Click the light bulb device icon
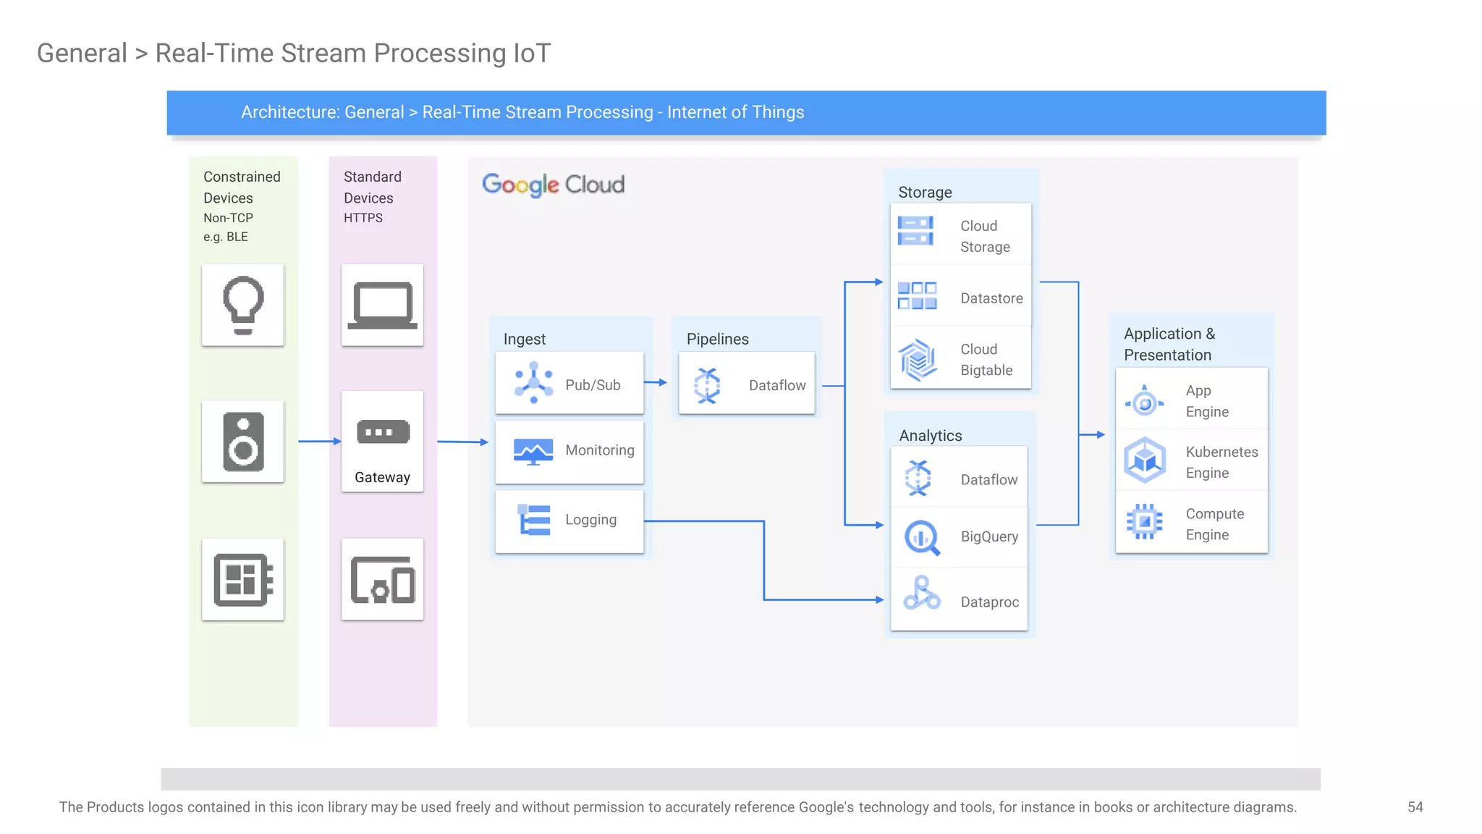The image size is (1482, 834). (x=243, y=305)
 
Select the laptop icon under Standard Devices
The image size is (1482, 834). (x=382, y=305)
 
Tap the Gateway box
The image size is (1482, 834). (x=382, y=441)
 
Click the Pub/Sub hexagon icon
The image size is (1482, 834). (x=533, y=383)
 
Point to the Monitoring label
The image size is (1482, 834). (x=599, y=450)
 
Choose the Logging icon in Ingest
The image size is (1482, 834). (x=535, y=520)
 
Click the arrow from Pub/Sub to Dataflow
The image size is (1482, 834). (x=656, y=382)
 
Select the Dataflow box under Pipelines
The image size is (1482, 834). (x=746, y=384)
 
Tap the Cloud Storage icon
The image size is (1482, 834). (x=915, y=232)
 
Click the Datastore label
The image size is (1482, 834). (x=991, y=298)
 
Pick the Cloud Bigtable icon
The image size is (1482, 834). (x=918, y=360)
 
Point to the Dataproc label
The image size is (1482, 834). (x=989, y=602)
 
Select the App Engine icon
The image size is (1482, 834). (x=1145, y=402)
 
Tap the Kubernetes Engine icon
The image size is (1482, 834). (x=1145, y=460)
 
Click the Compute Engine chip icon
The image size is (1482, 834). (x=1145, y=521)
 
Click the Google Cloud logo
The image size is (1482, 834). (x=554, y=185)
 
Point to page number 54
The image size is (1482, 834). (x=1415, y=807)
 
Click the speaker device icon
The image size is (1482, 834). (x=243, y=442)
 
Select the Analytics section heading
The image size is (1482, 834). (x=930, y=436)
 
